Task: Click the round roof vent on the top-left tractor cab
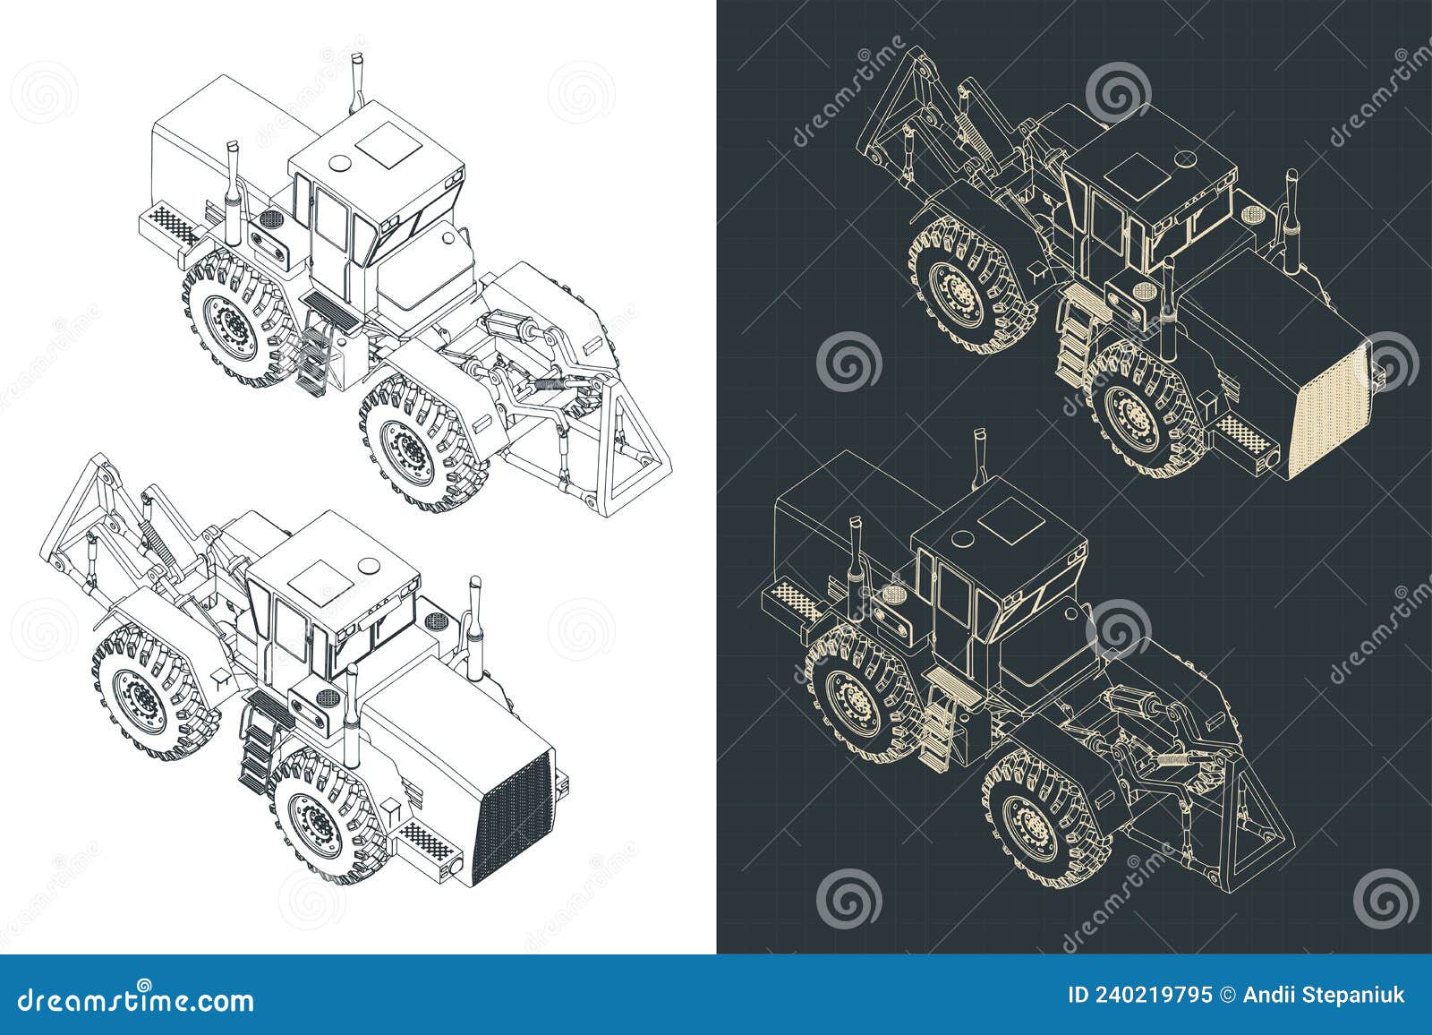(342, 164)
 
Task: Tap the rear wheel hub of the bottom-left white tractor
(141, 693)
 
